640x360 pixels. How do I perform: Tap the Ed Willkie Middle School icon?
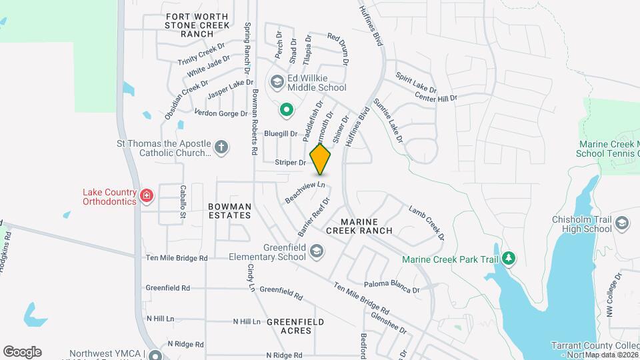(277, 82)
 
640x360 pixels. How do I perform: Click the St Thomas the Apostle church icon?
(221, 147)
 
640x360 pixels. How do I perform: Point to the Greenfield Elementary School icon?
(317, 251)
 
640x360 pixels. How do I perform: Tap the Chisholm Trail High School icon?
(623, 223)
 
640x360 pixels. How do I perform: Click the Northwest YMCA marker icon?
(155, 355)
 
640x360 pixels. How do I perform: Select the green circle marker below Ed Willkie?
(286, 109)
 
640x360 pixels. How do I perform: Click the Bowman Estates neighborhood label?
(229, 211)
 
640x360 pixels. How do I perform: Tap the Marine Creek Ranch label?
(359, 225)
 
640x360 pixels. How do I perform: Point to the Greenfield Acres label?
(295, 326)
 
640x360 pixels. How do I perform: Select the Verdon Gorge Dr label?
(220, 113)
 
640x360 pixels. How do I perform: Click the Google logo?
(22, 352)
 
